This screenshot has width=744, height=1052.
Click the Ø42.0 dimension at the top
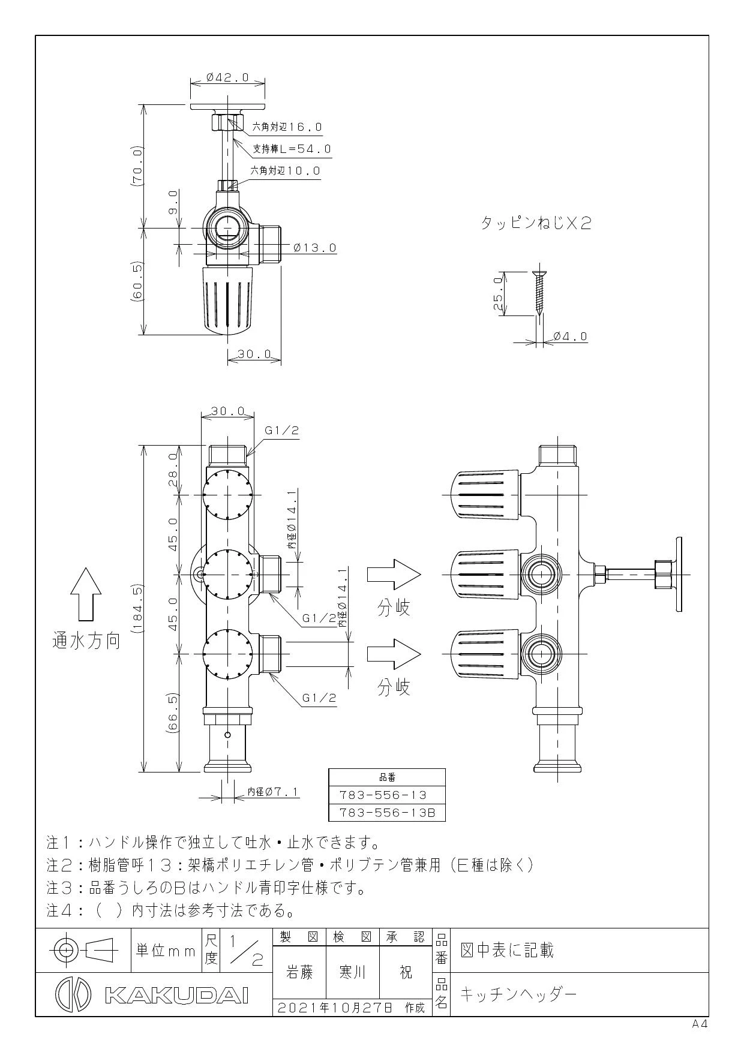click(x=227, y=77)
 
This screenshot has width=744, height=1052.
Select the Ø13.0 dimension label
click(x=315, y=247)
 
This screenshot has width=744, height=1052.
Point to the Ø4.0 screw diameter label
click(x=570, y=336)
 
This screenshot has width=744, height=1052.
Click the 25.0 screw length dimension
click(x=497, y=293)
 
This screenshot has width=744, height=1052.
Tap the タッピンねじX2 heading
click(x=536, y=223)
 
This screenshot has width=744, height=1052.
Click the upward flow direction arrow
click(x=85, y=594)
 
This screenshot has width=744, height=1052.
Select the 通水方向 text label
click(x=86, y=641)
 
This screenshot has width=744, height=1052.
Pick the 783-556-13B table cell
click(x=387, y=813)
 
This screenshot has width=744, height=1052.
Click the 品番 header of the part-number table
click(x=387, y=777)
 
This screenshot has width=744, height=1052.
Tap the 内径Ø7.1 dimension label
click(x=274, y=792)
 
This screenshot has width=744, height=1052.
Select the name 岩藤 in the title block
click(x=299, y=972)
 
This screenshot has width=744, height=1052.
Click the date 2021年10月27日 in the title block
click(x=334, y=1008)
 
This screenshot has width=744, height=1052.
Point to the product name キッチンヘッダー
click(x=518, y=994)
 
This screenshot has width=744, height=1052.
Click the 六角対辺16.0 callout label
click(x=287, y=127)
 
